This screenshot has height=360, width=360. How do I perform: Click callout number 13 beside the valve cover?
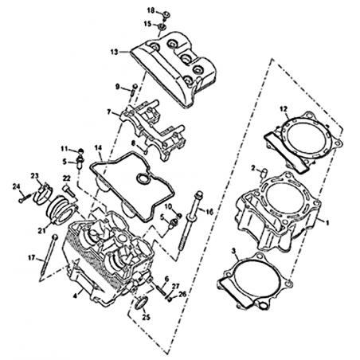click(114, 52)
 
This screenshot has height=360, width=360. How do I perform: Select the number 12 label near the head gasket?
click(284, 109)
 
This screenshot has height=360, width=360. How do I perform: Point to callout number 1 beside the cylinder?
click(327, 222)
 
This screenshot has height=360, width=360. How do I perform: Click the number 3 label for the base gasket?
click(233, 251)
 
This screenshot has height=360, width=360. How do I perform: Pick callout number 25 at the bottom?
click(146, 317)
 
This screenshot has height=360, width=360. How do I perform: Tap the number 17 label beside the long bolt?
click(32, 257)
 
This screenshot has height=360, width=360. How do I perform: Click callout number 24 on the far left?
click(16, 187)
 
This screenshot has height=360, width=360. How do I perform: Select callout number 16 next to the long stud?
click(209, 212)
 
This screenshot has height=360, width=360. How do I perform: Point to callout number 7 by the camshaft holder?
click(109, 112)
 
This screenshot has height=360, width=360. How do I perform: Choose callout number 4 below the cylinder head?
click(75, 295)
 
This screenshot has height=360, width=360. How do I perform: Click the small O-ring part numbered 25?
click(141, 303)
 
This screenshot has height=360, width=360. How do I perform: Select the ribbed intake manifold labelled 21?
click(61, 209)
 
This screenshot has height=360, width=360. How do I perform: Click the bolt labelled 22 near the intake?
click(68, 191)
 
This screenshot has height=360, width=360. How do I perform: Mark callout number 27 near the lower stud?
click(175, 286)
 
